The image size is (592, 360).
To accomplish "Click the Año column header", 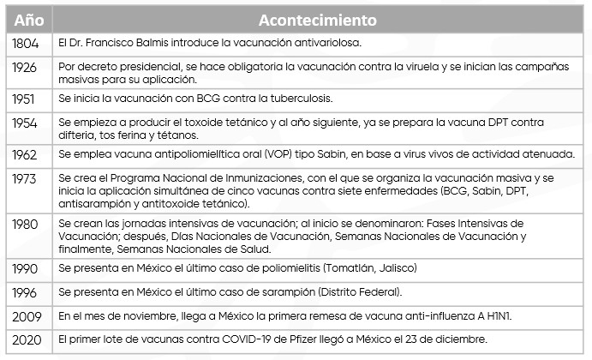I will (x=27, y=19).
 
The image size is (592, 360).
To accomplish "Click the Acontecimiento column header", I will (x=318, y=19).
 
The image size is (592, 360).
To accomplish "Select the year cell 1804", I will (x=24, y=42).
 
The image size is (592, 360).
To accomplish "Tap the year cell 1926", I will (x=24, y=66).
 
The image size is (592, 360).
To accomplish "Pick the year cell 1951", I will (x=24, y=99).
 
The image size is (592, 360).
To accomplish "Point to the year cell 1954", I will (x=24, y=123).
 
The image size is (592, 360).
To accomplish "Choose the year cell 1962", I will (x=24, y=154).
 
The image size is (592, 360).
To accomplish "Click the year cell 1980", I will (x=24, y=225).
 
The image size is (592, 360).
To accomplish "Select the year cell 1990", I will (x=24, y=269).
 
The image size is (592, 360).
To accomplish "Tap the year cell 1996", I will (x=24, y=292).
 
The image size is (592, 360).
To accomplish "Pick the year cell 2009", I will (x=24, y=316).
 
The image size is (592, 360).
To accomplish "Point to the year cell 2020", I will (x=24, y=340).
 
